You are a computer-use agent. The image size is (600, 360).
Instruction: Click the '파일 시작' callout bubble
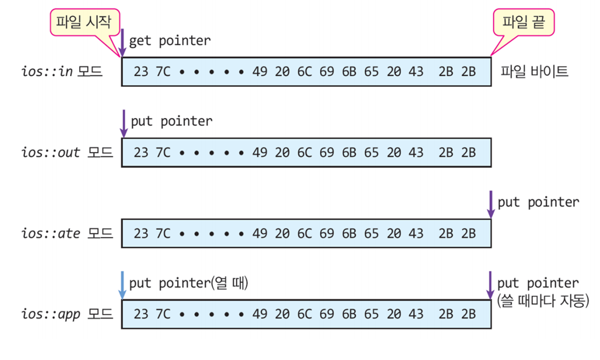[85, 22]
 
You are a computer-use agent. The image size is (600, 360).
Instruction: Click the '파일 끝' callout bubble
[523, 22]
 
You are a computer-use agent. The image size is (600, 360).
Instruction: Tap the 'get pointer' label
[170, 41]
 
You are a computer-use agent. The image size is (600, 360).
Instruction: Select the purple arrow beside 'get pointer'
[122, 43]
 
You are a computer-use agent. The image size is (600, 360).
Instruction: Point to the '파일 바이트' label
[534, 72]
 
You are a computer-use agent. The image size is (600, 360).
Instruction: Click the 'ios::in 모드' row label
[61, 72]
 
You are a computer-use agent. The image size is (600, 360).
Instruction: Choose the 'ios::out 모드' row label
[67, 153]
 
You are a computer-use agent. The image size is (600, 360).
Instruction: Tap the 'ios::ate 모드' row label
[67, 234]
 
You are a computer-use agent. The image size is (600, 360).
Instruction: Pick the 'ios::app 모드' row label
[67, 314]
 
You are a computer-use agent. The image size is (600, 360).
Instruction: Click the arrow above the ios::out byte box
[124, 123]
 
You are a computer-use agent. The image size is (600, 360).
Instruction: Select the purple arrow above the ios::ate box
[490, 205]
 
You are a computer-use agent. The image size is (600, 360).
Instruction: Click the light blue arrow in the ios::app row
[122, 285]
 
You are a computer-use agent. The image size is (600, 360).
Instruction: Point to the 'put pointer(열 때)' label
[189, 283]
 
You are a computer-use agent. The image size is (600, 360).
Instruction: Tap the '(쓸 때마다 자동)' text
[543, 300]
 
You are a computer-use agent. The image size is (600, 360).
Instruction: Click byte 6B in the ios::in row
[349, 72]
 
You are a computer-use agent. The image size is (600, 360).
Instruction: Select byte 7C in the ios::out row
[163, 153]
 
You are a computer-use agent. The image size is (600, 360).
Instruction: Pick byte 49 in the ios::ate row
[260, 234]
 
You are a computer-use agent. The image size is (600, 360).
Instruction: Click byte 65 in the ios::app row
[371, 314]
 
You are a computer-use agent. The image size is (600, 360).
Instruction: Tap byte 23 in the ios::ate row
[141, 234]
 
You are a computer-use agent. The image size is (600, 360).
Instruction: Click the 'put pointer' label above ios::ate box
[539, 202]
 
